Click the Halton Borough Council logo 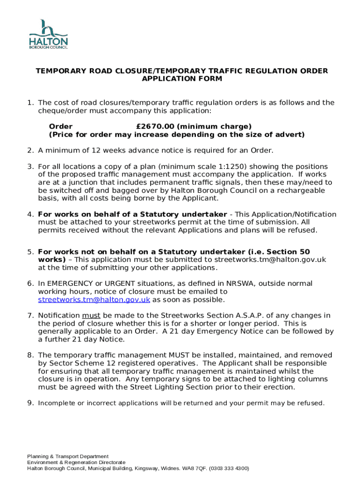pyautogui.click(x=48, y=34)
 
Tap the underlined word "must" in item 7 pyautogui.click(x=91, y=315)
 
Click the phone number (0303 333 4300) pyautogui.click(x=229, y=468)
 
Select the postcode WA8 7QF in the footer pyautogui.click(x=195, y=468)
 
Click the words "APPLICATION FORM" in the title pyautogui.click(x=182, y=79)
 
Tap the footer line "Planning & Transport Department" pyautogui.click(x=68, y=456)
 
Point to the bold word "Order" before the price pyautogui.click(x=61, y=126)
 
